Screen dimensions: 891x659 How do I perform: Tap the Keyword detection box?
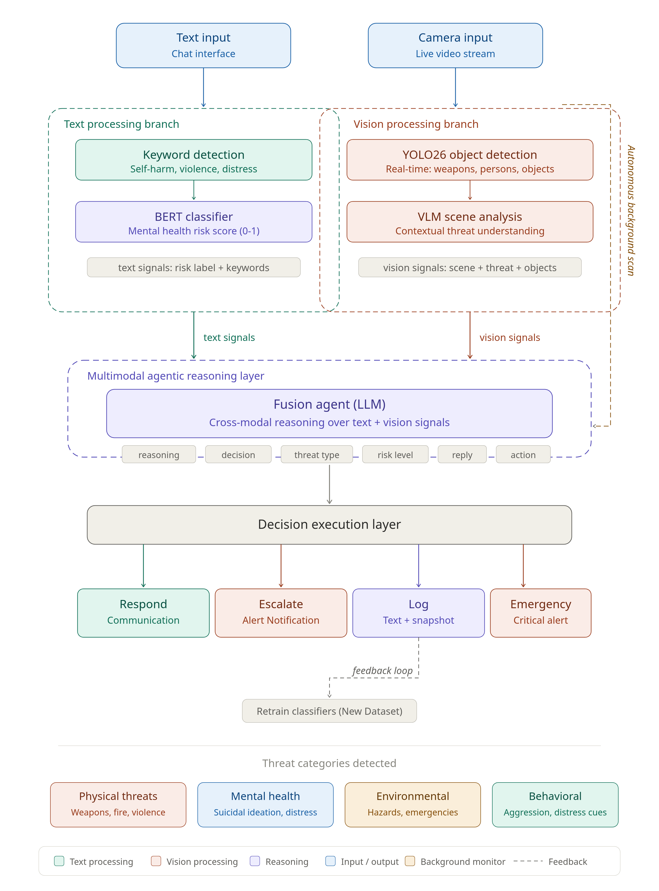[x=194, y=160]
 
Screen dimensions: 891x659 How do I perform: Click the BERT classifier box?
[x=194, y=222]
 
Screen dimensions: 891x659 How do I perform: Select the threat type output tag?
[x=316, y=454]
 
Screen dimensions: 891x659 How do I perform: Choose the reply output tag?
[x=462, y=454]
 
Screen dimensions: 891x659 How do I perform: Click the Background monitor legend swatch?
[x=410, y=861]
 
